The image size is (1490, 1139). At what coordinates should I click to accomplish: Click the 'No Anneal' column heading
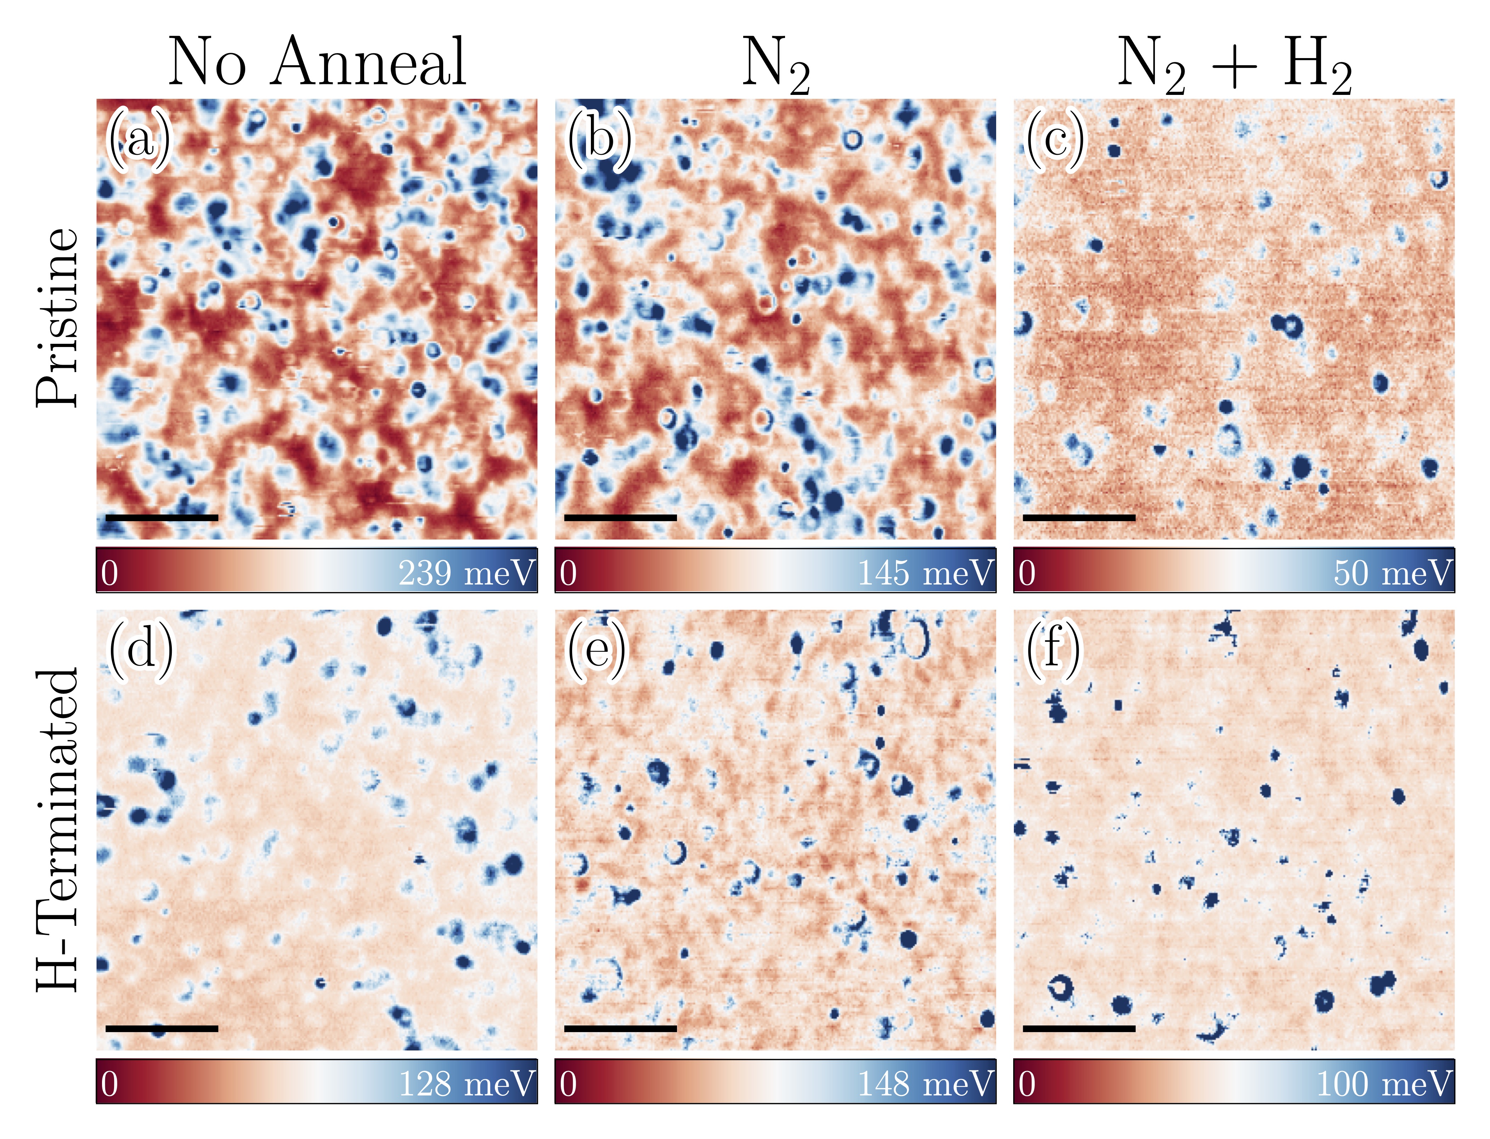click(317, 62)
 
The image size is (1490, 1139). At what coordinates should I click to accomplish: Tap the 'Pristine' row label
click(58, 317)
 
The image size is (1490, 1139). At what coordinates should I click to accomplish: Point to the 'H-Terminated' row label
click(58, 831)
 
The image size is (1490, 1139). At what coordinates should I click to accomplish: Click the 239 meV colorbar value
click(467, 573)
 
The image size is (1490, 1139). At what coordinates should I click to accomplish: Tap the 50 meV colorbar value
click(1392, 573)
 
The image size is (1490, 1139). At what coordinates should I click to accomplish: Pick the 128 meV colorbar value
click(467, 1083)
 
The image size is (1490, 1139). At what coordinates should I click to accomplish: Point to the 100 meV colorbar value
click(1383, 1083)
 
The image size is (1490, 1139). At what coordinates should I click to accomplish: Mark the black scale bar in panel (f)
click(1079, 1029)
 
